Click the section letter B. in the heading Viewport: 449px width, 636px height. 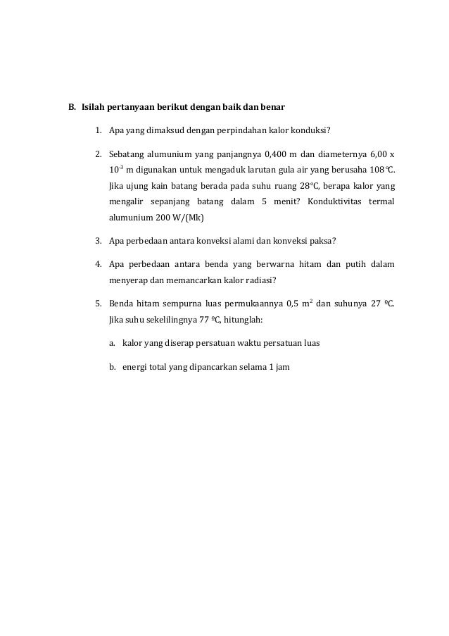pyautogui.click(x=71, y=108)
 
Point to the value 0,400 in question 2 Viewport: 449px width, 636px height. pyautogui.click(x=274, y=153)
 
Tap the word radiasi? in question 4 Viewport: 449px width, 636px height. pyautogui.click(x=257, y=280)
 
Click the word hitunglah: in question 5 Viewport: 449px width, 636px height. pyautogui.click(x=241, y=320)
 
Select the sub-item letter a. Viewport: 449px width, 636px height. pyautogui.click(x=112, y=343)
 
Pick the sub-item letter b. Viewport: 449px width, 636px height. pyautogui.click(x=112, y=366)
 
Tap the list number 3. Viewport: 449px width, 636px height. pyautogui.click(x=99, y=242)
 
